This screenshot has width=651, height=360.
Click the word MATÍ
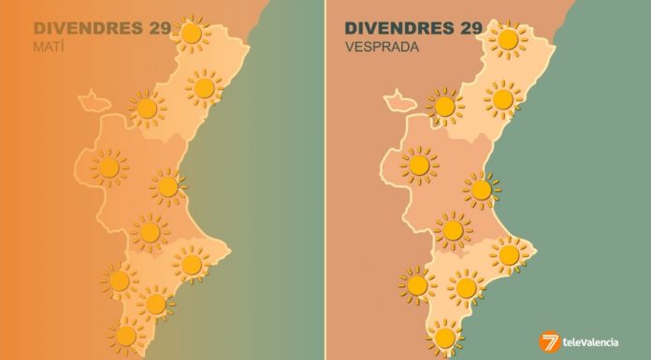click(x=47, y=46)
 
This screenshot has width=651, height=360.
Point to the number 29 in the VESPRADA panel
click(x=471, y=28)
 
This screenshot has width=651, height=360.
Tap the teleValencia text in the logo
click(x=595, y=343)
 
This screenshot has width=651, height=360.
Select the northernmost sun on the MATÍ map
click(x=192, y=35)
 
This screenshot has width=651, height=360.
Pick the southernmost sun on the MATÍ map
click(x=124, y=333)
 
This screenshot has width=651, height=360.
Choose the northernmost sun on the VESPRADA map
click(x=508, y=39)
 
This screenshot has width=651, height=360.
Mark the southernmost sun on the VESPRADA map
click(x=445, y=336)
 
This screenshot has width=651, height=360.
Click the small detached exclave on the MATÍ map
click(x=93, y=96)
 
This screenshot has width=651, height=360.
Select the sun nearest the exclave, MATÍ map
click(x=147, y=108)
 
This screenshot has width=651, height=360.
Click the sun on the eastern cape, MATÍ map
click(x=192, y=265)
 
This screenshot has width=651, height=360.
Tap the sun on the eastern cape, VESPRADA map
click(x=510, y=254)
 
